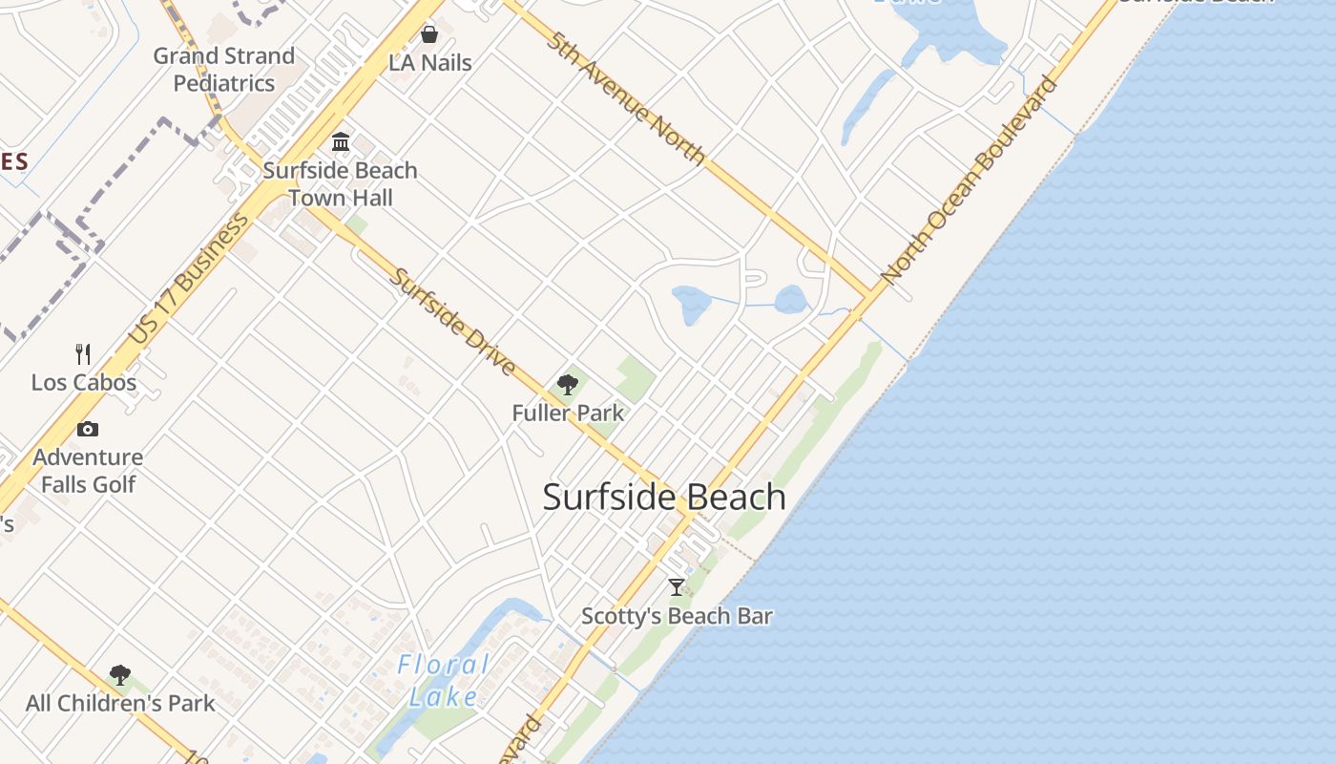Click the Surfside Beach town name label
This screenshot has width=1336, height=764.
tap(664, 498)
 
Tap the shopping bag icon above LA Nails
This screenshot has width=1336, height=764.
tap(429, 35)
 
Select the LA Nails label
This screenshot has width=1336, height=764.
tap(430, 63)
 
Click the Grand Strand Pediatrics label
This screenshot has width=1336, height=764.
tap(224, 70)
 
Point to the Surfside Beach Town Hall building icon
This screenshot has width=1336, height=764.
tap(341, 142)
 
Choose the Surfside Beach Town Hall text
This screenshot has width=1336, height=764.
tap(341, 184)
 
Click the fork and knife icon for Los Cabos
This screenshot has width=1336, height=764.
tap(83, 354)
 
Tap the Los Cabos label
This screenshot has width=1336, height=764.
tap(84, 383)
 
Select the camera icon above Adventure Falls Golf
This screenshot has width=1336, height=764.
tap(88, 429)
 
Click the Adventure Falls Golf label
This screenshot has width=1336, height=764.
tap(88, 471)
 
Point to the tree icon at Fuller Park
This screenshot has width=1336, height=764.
tap(568, 385)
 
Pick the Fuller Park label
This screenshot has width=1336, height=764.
tap(568, 414)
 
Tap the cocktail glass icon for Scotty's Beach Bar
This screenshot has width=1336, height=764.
tap(677, 587)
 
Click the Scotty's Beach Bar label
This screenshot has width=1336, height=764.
tap(677, 616)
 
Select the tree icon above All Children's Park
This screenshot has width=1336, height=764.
tap(120, 675)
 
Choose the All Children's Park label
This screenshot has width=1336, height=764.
tap(120, 704)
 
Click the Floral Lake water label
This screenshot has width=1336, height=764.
tap(444, 680)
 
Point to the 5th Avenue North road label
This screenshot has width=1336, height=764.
tap(627, 98)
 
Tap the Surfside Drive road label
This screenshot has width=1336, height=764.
tap(454, 322)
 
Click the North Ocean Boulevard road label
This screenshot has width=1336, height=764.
tap(970, 180)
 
